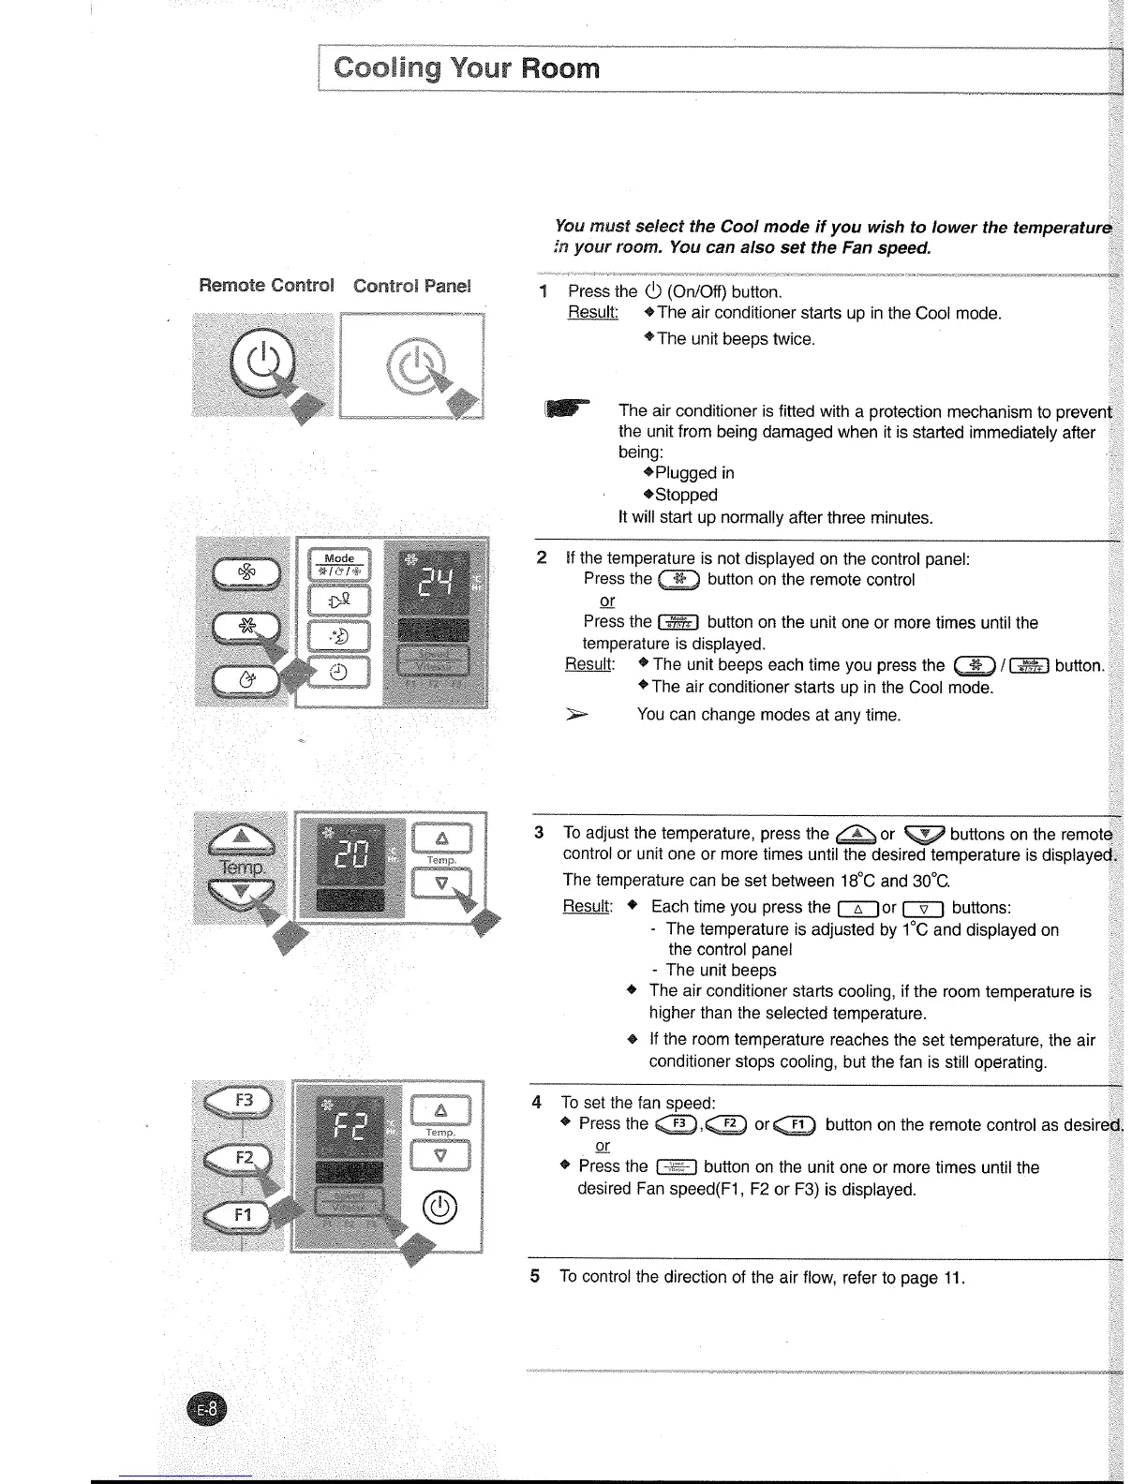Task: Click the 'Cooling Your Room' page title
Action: pos(467,68)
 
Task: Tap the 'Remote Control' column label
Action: pos(266,285)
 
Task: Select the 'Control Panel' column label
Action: pos(411,285)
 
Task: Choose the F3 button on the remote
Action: pos(241,1100)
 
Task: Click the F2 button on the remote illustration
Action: pos(241,1158)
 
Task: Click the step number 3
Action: pos(539,833)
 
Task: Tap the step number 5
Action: pos(535,1277)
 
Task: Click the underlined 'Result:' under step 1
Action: pos(593,312)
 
